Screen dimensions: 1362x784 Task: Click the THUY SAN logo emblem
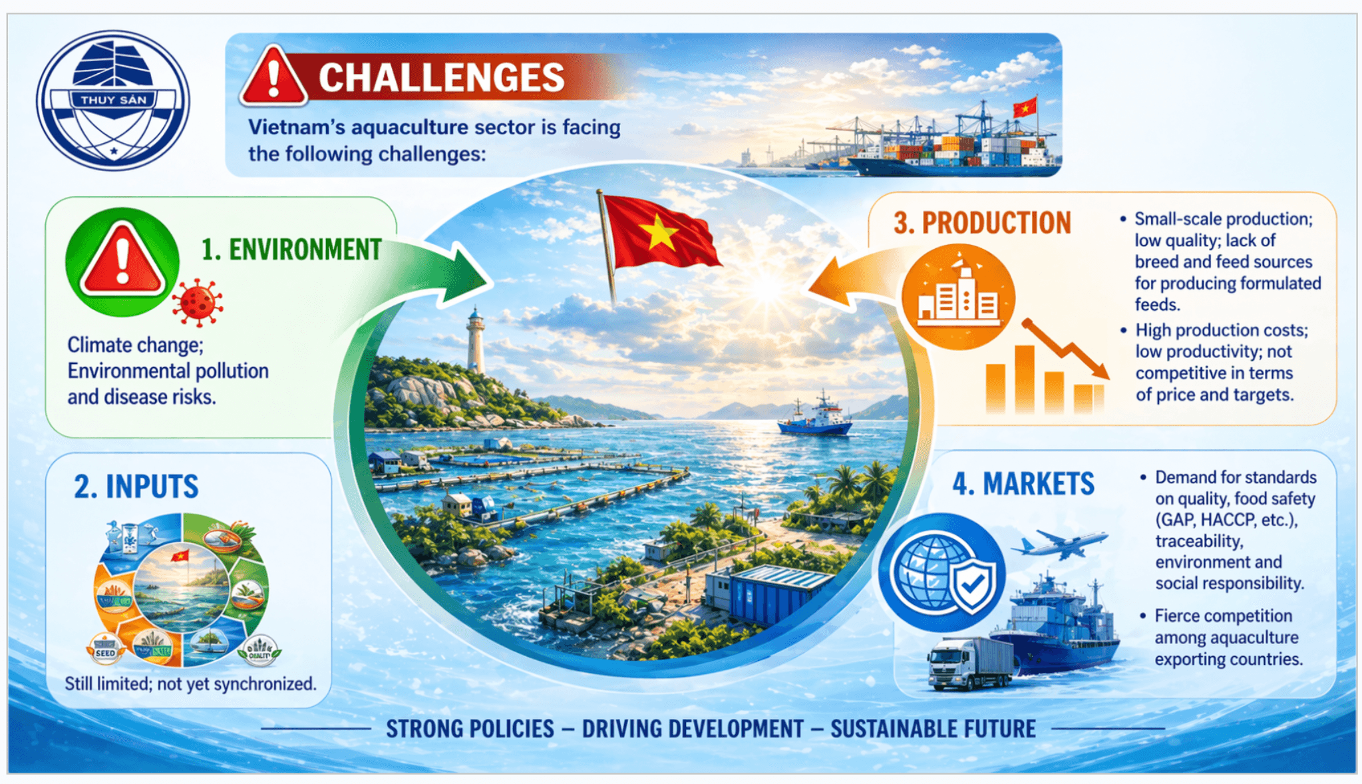tap(113, 100)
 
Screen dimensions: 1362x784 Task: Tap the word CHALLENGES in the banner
tap(442, 78)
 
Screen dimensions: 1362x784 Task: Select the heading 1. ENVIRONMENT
tap(291, 250)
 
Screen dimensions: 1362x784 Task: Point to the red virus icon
tap(198, 303)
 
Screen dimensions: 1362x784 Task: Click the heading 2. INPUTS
tap(136, 487)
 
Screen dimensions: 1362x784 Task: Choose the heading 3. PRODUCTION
tap(982, 223)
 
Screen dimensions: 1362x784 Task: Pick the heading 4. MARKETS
tap(1023, 484)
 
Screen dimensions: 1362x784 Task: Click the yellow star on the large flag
tap(659, 232)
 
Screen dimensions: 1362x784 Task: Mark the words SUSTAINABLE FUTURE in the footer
tap(933, 729)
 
